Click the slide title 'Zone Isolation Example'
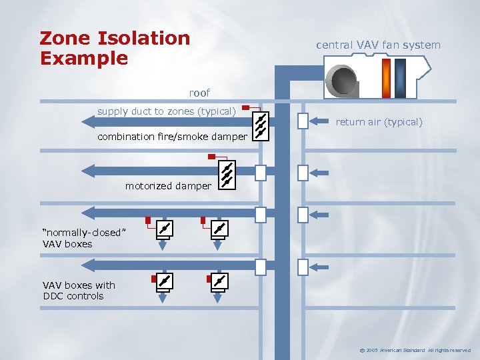[x=115, y=48]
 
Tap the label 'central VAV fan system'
[x=378, y=45]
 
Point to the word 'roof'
[x=199, y=93]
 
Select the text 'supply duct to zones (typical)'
[x=167, y=111]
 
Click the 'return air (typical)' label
[x=379, y=122]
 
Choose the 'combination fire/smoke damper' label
[x=172, y=137]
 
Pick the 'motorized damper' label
[x=168, y=186]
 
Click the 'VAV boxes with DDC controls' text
[x=79, y=291]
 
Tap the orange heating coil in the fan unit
[x=386, y=77]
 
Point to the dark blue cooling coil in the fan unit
[x=400, y=77]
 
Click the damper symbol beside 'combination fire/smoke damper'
[x=261, y=125]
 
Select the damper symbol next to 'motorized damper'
[x=227, y=174]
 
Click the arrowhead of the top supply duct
[x=87, y=121]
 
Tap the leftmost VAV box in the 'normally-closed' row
[x=163, y=229]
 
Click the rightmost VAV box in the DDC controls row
[x=219, y=281]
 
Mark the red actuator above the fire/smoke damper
[x=246, y=107]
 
